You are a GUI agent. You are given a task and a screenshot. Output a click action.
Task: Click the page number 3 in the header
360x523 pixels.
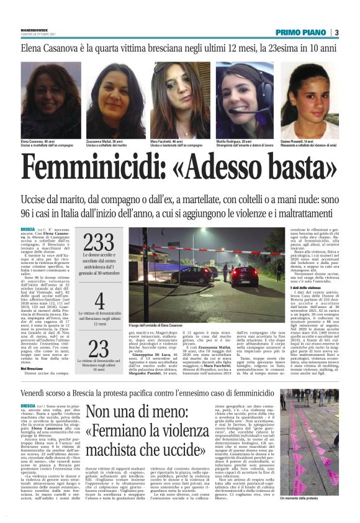(x=336, y=32)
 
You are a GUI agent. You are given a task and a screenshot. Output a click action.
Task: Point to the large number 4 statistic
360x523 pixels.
(x=99, y=302)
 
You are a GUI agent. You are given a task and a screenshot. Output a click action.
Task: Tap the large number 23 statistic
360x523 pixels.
(x=99, y=348)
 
